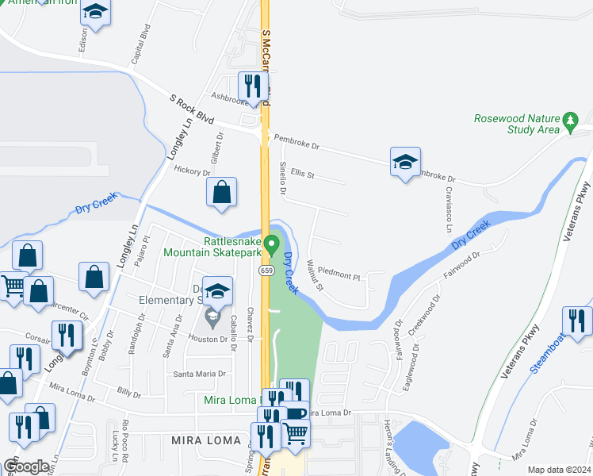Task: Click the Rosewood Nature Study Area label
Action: pyautogui.click(x=517, y=124)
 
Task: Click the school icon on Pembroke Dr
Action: pyautogui.click(x=405, y=162)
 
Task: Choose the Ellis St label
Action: pyautogui.click(x=303, y=174)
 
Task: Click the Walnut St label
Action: pyautogui.click(x=315, y=274)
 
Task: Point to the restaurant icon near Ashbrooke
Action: pyautogui.click(x=251, y=86)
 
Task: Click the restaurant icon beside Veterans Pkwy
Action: pyautogui.click(x=577, y=320)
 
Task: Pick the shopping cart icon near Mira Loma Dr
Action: pyautogui.click(x=295, y=432)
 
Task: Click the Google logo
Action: pyautogui.click(x=28, y=466)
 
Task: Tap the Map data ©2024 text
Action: pyautogui.click(x=559, y=470)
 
